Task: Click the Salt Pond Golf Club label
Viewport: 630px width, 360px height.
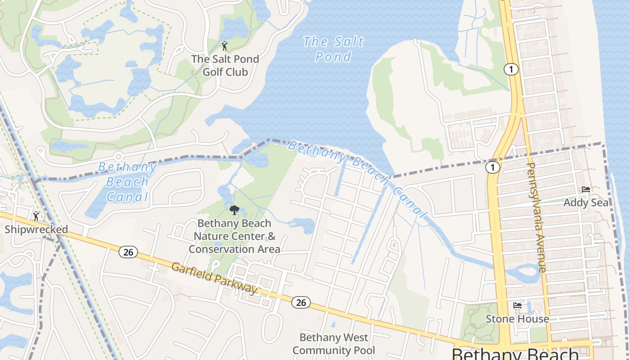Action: [x=225, y=65]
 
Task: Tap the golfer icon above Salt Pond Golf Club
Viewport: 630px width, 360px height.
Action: [x=225, y=45]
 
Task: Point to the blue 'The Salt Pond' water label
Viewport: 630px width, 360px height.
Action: [x=333, y=49]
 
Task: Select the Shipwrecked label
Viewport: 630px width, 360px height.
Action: [x=36, y=229]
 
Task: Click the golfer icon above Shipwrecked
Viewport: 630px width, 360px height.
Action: [x=36, y=216]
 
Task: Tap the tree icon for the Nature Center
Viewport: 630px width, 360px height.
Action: [x=234, y=210]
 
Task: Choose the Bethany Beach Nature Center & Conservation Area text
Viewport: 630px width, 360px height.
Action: [x=234, y=236]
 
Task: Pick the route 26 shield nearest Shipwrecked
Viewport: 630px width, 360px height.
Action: [x=128, y=252]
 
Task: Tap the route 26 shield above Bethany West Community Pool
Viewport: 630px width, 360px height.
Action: [x=301, y=302]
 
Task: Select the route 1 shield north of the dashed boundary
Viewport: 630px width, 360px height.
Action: [x=511, y=69]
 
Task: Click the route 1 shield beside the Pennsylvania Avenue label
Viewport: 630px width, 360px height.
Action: [x=493, y=167]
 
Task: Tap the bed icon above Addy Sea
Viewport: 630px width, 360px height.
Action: [x=585, y=189]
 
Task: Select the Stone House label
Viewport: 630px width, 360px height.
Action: [x=517, y=319]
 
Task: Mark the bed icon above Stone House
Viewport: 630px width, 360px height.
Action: [x=517, y=306]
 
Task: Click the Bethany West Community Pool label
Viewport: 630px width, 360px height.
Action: [x=334, y=344]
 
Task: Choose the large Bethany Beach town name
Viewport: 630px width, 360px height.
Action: [x=515, y=353]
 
